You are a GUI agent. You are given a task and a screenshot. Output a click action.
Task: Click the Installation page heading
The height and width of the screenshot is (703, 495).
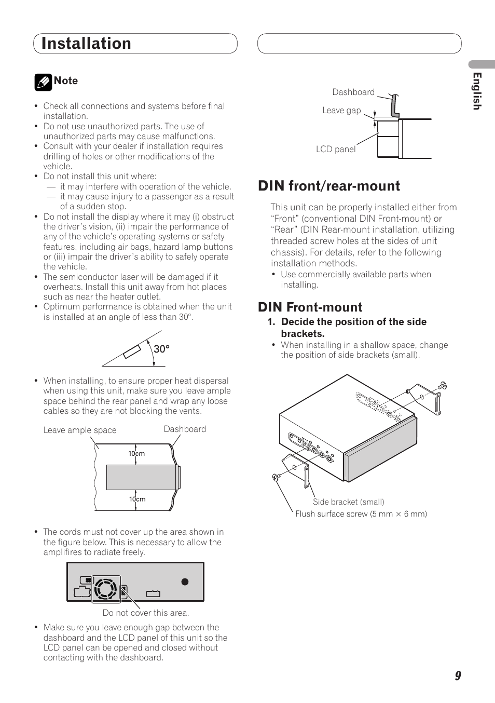[86, 44]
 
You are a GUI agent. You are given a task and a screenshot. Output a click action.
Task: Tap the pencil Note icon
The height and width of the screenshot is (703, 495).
[43, 82]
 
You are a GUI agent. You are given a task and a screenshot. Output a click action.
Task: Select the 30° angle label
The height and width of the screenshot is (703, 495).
[161, 349]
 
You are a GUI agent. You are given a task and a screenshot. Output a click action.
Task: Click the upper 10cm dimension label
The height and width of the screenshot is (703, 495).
[136, 453]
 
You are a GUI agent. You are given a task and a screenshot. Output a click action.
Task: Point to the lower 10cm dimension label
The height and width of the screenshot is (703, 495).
[137, 499]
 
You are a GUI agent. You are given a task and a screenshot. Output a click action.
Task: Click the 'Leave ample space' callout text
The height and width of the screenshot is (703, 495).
[80, 430]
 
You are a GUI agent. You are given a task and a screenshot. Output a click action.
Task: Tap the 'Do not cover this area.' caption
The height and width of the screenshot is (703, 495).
[146, 613]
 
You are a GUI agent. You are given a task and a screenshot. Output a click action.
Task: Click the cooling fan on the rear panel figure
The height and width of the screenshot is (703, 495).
[106, 589]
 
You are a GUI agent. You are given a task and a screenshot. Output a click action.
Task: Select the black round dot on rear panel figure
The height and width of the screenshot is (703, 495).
[185, 582]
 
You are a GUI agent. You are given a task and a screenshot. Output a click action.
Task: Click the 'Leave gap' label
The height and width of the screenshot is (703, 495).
[341, 110]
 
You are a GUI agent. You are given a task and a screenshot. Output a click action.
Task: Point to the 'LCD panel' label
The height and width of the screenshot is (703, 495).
[336, 149]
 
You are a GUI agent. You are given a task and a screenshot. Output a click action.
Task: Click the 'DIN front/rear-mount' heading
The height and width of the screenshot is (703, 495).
[329, 186]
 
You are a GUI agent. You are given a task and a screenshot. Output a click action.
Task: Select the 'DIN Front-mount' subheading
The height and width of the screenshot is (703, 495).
[310, 307]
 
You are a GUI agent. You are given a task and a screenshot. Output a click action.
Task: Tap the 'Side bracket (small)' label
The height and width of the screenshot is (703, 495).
[348, 502]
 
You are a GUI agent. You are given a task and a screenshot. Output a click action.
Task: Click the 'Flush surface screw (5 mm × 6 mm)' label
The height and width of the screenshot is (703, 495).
[361, 513]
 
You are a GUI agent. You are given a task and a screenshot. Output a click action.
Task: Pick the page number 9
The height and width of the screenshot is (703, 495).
[458, 675]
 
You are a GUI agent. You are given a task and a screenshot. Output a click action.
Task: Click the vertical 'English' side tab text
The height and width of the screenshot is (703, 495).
[477, 91]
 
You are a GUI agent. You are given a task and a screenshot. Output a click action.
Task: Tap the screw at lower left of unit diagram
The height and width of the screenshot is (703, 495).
[276, 477]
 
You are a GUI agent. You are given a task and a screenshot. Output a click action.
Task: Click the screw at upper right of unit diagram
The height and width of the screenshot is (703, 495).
[442, 386]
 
